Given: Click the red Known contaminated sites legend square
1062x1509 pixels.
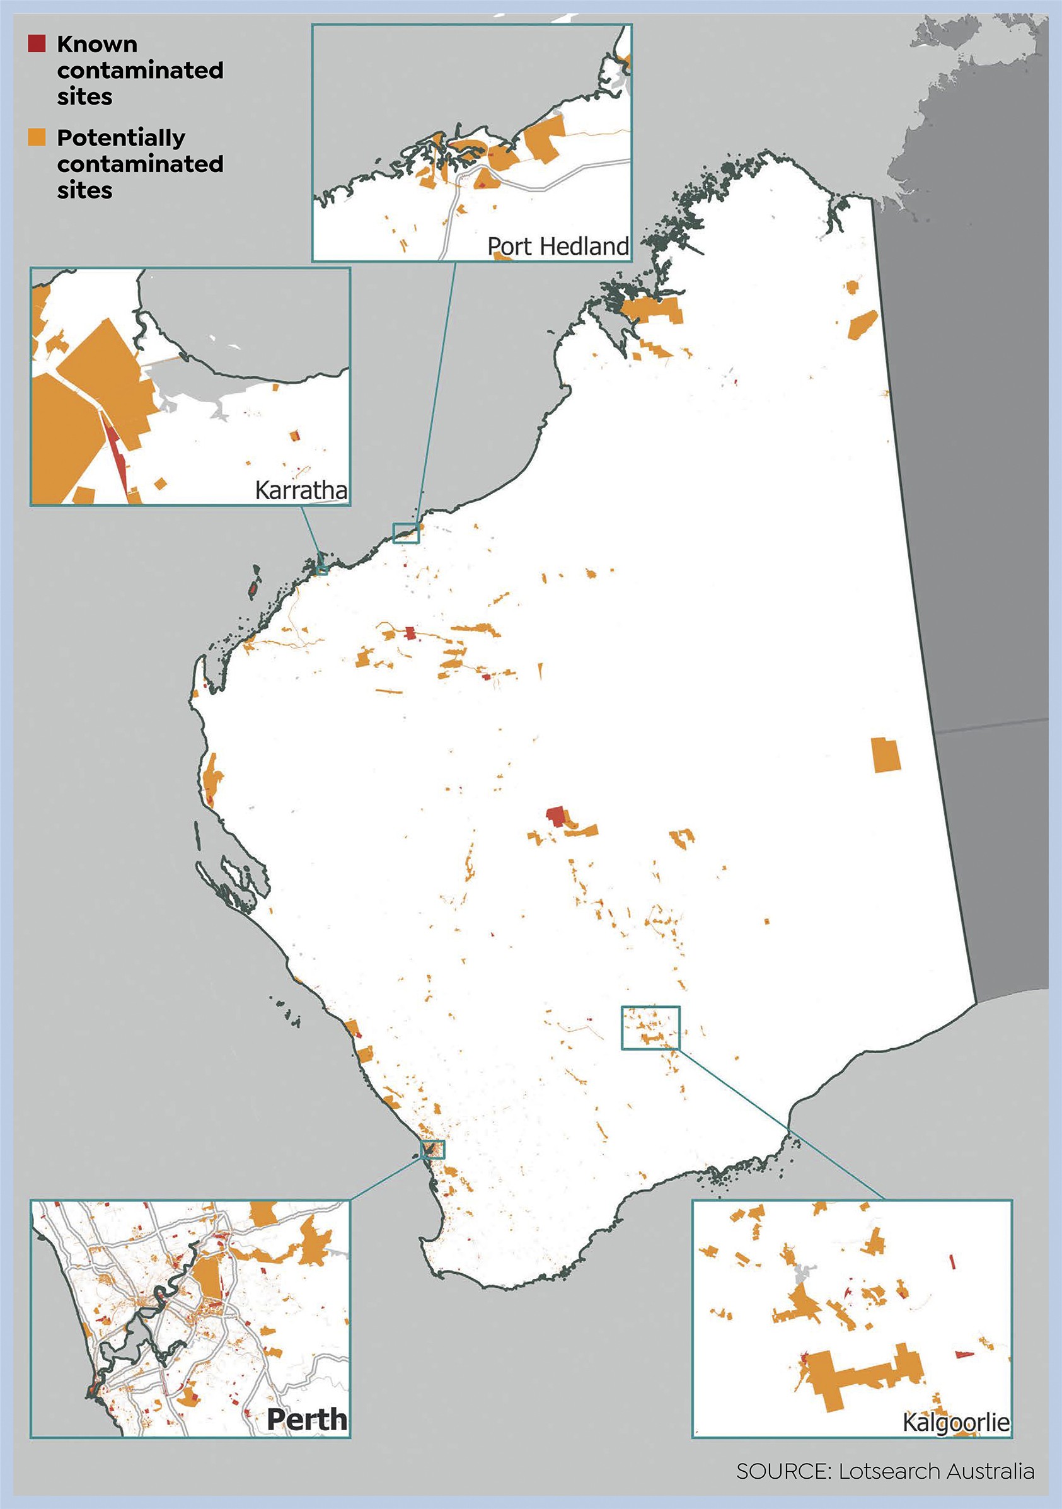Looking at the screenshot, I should (37, 44).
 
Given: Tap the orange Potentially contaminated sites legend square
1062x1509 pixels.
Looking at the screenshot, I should (37, 137).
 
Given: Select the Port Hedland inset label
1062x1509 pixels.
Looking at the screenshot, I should (558, 246).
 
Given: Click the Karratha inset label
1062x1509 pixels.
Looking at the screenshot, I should (301, 490).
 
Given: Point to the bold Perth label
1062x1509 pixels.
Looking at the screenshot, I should (307, 1419).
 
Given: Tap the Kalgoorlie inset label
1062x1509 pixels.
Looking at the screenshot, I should (955, 1422).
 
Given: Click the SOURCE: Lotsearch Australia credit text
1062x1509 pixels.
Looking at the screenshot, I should (884, 1471).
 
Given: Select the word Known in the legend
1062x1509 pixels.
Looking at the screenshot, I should (97, 44).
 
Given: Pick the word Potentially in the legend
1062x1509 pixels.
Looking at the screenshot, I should (121, 137).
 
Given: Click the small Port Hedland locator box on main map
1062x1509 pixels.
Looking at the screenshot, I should (405, 533).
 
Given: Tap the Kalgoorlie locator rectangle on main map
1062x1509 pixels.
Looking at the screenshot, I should (650, 1027).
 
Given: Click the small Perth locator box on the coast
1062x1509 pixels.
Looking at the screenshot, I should (433, 1150).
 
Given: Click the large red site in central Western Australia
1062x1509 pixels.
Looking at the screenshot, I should (556, 816).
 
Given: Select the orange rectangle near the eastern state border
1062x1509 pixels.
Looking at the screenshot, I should (886, 754).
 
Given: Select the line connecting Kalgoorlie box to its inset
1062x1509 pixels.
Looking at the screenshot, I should (782, 1124).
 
